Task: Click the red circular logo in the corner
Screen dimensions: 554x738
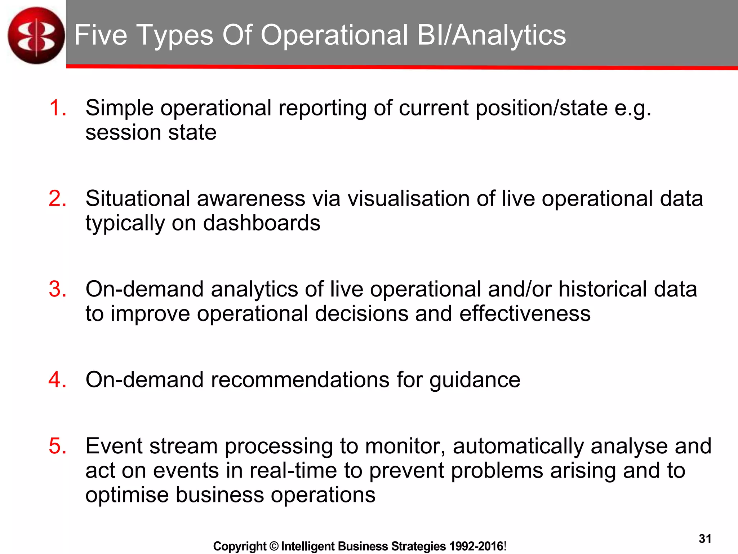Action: pyautogui.click(x=36, y=35)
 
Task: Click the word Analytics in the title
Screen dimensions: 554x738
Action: pyautogui.click(x=508, y=35)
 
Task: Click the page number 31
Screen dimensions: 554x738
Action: pyautogui.click(x=705, y=539)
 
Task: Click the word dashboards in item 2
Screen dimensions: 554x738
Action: pyautogui.click(x=261, y=223)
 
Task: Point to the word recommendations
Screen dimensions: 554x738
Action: pyautogui.click(x=300, y=380)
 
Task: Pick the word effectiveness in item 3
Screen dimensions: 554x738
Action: pyautogui.click(x=525, y=313)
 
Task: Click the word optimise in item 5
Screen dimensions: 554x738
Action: pyautogui.click(x=127, y=495)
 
